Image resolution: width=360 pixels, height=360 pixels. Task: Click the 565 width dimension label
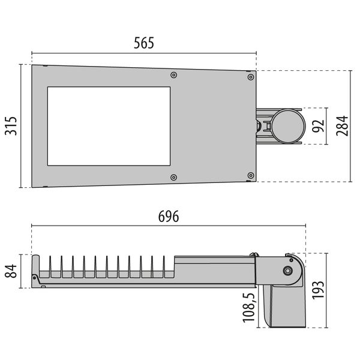144,43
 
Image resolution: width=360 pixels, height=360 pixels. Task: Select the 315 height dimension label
11,126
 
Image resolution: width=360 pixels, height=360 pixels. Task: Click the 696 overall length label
168,217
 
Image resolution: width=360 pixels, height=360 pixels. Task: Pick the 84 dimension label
11,271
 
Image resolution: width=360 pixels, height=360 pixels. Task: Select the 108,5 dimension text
251,308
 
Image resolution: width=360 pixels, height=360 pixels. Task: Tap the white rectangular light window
109,126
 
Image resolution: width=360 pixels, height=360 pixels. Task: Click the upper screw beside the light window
174,76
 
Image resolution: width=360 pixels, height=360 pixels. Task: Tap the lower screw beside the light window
174,177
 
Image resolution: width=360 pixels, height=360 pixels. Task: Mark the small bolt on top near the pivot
254,256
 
